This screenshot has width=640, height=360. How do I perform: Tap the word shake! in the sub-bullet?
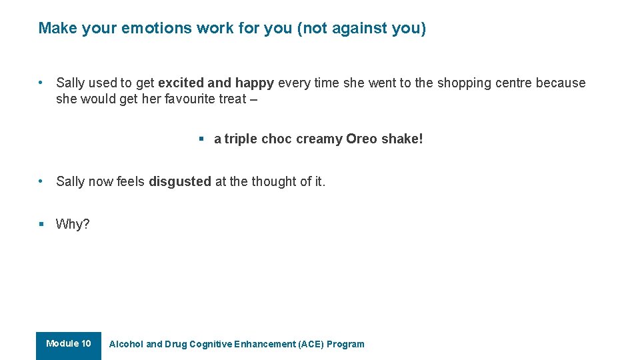point(402,139)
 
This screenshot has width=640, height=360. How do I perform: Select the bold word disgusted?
point(180,181)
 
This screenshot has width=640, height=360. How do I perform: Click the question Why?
point(73,224)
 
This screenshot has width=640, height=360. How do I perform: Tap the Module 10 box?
point(69,345)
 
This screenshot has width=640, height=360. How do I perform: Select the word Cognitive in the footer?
point(211,345)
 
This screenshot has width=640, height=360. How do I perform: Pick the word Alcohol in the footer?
point(126,345)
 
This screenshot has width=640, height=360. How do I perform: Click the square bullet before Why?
point(41,224)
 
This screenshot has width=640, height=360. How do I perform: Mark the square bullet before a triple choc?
point(201,139)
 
